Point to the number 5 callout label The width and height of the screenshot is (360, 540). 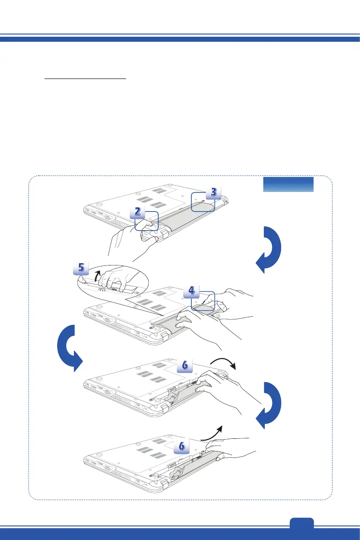click(x=81, y=268)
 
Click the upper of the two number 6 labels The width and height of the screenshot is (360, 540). click(x=184, y=365)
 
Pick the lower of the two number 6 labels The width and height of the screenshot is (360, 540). click(x=181, y=447)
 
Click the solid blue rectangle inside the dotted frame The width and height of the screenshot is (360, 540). click(x=288, y=184)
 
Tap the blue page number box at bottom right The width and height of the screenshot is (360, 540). click(x=301, y=523)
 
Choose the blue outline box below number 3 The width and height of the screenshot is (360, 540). click(x=202, y=201)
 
